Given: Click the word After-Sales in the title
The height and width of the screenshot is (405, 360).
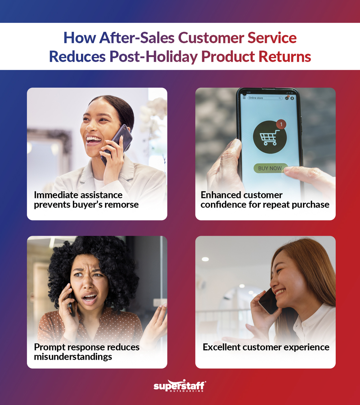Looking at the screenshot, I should click(137, 38).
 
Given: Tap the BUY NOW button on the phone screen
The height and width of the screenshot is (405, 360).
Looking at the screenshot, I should click(270, 168).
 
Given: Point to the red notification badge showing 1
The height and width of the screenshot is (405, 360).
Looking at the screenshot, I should click(281, 124).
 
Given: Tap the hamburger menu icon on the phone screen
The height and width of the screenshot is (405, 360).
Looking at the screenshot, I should click(244, 98).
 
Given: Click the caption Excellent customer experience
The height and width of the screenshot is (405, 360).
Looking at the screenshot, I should click(266, 347).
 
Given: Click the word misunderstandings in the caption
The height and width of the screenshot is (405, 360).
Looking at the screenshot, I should click(73, 357).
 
